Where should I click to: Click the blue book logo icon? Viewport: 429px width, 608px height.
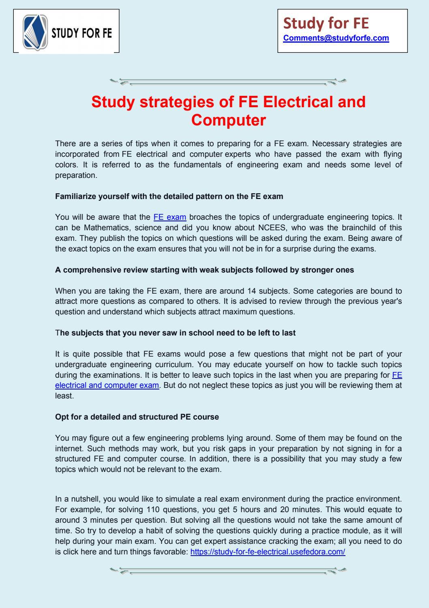35,31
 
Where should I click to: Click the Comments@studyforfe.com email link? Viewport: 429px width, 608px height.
336,38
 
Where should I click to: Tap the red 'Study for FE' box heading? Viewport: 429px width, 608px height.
326,24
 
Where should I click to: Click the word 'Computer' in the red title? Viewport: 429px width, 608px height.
228,120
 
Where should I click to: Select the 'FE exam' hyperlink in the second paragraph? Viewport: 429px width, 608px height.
170,217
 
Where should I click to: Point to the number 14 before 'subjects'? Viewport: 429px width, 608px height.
251,291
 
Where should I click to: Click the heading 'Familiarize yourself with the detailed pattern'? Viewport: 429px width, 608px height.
169,196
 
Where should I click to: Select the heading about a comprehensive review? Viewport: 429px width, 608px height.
204,270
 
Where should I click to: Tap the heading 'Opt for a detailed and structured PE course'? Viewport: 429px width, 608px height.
137,417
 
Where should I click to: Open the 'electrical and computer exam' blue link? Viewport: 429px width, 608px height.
107,385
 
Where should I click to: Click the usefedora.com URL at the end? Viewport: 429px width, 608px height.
268,552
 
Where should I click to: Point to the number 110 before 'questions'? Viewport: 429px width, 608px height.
153,509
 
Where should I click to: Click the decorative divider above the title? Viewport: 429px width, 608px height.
228,82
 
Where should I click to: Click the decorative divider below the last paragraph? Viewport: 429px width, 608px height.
228,570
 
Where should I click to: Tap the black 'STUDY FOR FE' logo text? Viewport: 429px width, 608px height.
81,32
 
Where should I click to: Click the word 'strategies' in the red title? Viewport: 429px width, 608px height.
177,102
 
